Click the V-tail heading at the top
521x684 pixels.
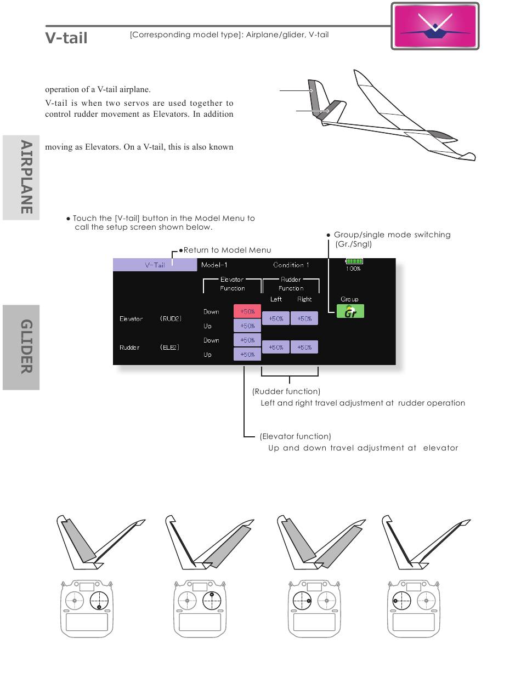point(66,38)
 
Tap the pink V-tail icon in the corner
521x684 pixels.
point(435,26)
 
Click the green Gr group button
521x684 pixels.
point(350,312)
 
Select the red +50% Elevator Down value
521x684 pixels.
point(247,311)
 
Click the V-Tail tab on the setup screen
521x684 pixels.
point(155,265)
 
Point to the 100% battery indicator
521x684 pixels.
point(354,265)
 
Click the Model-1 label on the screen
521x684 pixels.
point(214,265)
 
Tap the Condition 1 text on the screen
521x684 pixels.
point(291,265)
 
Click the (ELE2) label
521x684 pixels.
point(169,347)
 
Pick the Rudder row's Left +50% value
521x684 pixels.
point(276,347)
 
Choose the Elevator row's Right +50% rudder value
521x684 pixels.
point(304,318)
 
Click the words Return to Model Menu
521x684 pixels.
point(227,250)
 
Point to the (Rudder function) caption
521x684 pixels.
point(286,391)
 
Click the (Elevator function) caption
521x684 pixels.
point(295,436)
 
